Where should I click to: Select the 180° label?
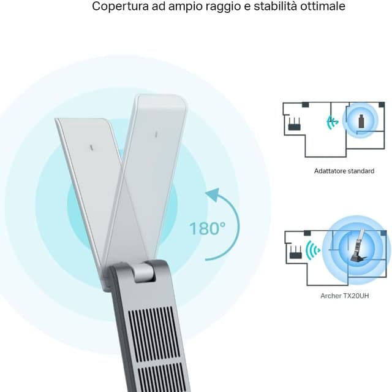(207, 229)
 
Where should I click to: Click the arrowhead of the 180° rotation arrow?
(211, 196)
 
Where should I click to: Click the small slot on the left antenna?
(91, 148)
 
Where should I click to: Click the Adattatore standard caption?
(344, 171)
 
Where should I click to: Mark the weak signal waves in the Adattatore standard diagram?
(333, 122)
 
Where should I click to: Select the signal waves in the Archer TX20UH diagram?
(313, 250)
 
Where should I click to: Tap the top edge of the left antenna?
(83, 120)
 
